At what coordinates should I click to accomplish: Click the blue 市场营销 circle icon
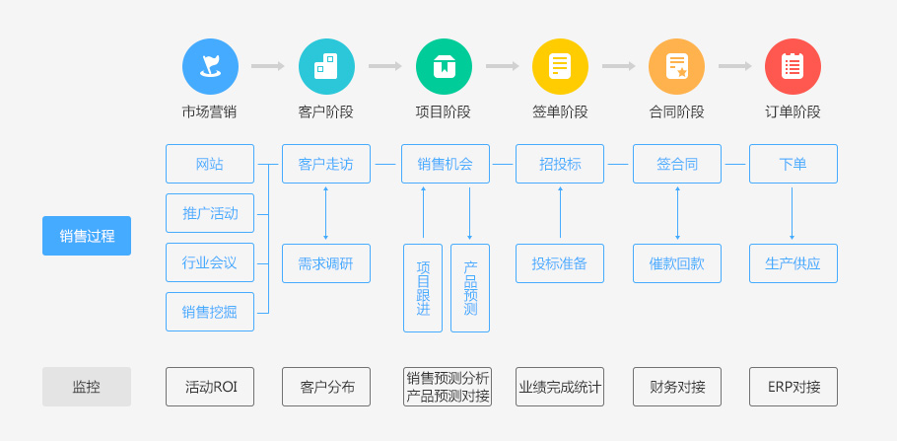210,67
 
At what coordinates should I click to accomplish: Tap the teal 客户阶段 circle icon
326,67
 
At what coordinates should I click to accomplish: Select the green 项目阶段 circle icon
444,67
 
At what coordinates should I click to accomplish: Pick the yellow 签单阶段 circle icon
560,67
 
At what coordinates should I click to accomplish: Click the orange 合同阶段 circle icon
676,67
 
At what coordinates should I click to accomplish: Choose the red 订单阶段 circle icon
793,67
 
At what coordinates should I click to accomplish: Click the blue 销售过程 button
87,236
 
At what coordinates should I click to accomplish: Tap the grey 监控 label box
87,387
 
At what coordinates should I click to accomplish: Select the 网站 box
210,164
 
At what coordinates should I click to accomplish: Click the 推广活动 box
210,213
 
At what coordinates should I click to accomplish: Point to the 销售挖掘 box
210,312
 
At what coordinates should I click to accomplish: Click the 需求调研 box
326,263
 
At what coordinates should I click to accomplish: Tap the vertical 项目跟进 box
423,288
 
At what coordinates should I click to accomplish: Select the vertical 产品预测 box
470,288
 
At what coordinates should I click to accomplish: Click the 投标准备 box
560,263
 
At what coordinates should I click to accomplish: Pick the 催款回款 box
676,263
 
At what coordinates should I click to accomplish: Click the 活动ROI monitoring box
210,387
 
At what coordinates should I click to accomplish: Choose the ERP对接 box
793,387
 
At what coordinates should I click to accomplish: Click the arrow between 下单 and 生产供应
793,213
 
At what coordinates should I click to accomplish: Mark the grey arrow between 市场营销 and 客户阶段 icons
268,66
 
